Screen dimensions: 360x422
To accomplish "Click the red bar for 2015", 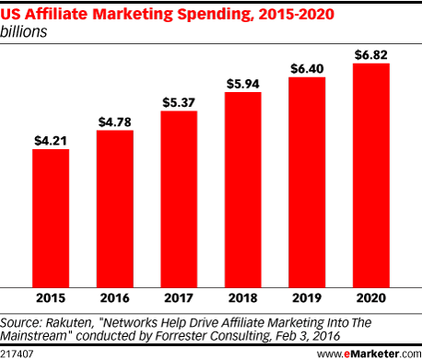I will pos(51,217).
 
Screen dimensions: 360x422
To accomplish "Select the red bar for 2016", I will pos(115,208).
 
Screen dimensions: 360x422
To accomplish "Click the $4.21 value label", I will pos(51,141).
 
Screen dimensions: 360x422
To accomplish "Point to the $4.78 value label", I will pos(115,122).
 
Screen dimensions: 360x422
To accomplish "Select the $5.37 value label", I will pos(179,103).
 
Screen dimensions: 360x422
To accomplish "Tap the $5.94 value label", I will pos(243,85).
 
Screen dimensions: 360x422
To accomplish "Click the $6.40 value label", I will pos(307,70).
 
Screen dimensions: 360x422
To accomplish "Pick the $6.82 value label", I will pos(371,56).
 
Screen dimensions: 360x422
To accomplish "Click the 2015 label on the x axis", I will pos(51,298).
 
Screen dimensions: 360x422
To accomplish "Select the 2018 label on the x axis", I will pos(243,298).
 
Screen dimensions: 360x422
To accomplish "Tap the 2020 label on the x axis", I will pos(371,298).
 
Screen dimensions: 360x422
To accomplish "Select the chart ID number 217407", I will pos(18,352).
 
